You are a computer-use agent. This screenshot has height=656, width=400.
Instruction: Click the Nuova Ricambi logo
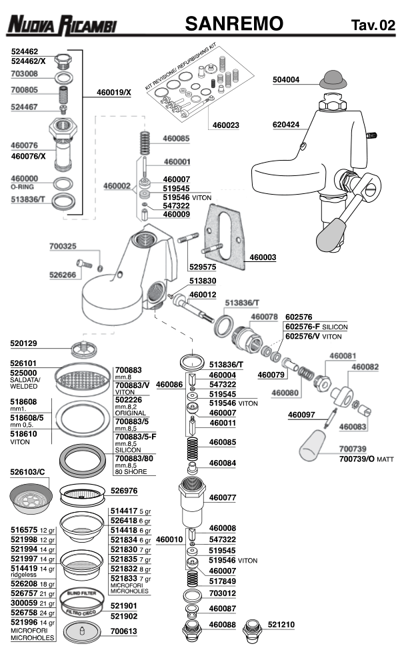[61, 25]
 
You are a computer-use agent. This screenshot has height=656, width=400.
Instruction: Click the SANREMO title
[234, 24]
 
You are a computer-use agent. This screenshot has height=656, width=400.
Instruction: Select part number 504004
[286, 80]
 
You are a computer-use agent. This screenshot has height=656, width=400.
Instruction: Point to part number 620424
[286, 125]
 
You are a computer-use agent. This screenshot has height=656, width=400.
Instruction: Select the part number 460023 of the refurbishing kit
[226, 125]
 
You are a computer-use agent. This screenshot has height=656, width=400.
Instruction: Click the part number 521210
[282, 625]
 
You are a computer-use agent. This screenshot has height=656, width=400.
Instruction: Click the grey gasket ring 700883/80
[83, 459]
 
